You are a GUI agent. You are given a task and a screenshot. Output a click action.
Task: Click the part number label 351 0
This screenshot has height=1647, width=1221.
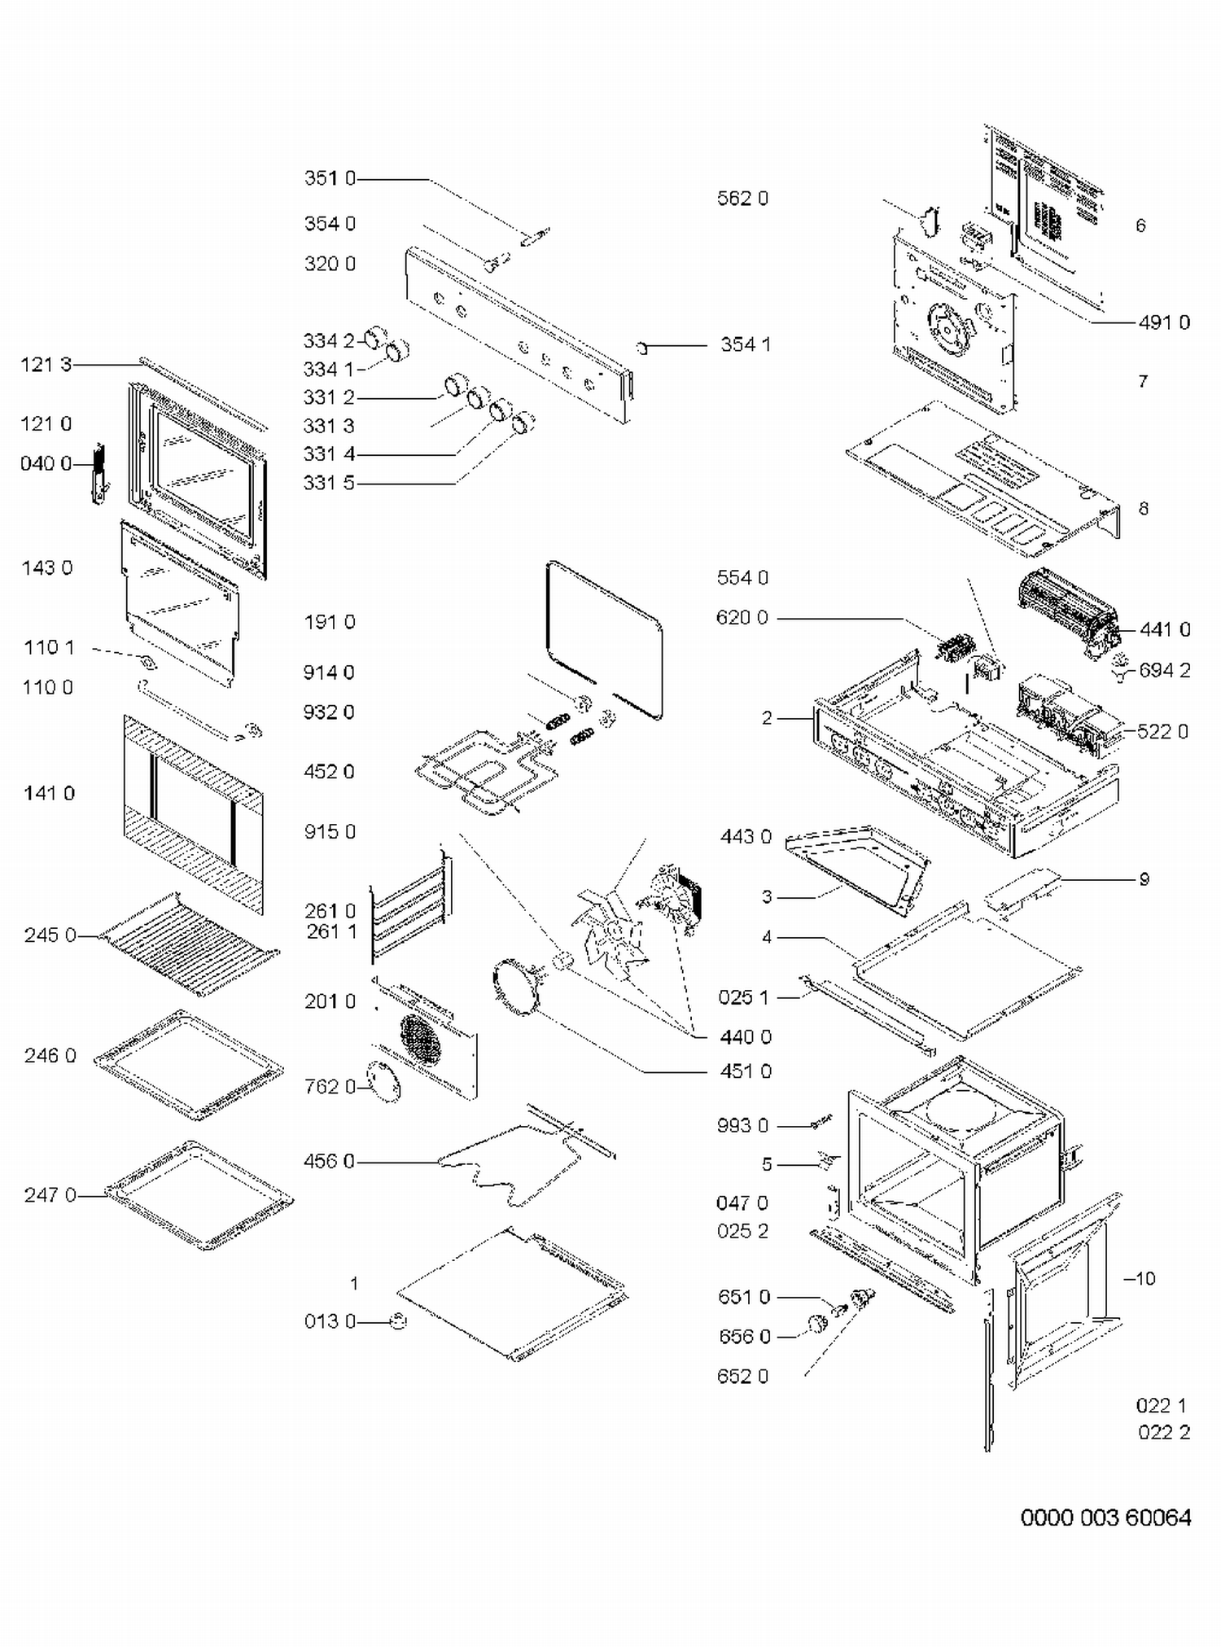(330, 178)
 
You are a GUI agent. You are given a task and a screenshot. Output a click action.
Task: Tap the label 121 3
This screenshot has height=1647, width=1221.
(46, 365)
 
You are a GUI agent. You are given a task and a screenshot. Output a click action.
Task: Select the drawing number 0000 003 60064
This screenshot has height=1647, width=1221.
(1105, 1518)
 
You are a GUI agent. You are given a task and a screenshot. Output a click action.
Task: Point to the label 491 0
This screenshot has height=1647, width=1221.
(1164, 322)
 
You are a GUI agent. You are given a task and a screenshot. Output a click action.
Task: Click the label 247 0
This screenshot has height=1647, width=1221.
(50, 1195)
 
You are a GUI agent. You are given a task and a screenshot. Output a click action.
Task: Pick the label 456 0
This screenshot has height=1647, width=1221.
(329, 1161)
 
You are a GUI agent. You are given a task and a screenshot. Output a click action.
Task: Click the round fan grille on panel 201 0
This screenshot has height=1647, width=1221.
(419, 1036)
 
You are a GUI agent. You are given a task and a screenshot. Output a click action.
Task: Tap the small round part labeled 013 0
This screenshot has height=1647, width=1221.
(398, 1321)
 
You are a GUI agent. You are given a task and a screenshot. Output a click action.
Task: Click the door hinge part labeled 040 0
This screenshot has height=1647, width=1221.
(99, 474)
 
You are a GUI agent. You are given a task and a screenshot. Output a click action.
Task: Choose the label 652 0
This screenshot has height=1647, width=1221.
(742, 1377)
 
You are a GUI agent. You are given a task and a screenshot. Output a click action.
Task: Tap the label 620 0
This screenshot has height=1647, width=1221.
(742, 617)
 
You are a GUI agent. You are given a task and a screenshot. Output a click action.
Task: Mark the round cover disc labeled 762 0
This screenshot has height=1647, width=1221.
(383, 1083)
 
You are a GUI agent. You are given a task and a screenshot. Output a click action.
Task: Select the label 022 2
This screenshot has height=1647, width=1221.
(1164, 1432)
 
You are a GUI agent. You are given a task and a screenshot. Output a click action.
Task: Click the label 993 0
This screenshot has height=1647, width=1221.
(742, 1125)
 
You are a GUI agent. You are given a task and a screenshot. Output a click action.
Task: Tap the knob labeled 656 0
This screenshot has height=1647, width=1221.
(816, 1325)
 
